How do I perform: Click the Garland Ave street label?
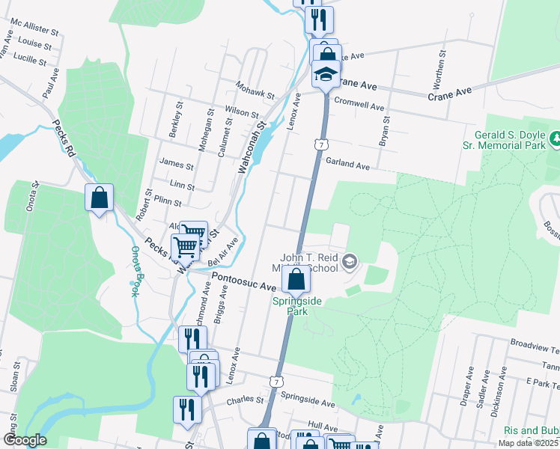(x=347, y=165)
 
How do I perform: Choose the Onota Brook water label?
(x=136, y=272)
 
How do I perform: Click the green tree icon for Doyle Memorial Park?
(x=556, y=138)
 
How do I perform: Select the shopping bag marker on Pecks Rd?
(x=99, y=198)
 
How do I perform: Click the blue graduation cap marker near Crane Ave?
(x=326, y=74)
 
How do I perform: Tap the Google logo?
(x=24, y=440)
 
